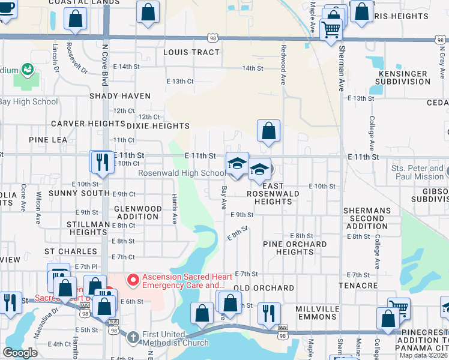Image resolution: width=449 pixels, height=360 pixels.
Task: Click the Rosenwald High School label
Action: pyautogui.click(x=182, y=173)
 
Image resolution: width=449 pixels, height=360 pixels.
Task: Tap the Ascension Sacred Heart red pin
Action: pyautogui.click(x=132, y=280)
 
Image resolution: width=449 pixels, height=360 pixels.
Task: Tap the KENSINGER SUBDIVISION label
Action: pyautogui.click(x=403, y=77)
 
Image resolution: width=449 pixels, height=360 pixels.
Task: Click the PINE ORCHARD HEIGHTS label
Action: pyautogui.click(x=295, y=248)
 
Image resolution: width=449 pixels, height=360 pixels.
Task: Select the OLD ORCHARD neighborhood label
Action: pyautogui.click(x=264, y=288)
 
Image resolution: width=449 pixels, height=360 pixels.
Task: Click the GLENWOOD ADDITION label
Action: pyautogui.click(x=137, y=212)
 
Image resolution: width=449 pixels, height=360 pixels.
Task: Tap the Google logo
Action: pyautogui.click(x=20, y=352)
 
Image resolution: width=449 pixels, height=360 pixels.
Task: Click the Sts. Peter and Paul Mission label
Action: pyautogui.click(x=417, y=173)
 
